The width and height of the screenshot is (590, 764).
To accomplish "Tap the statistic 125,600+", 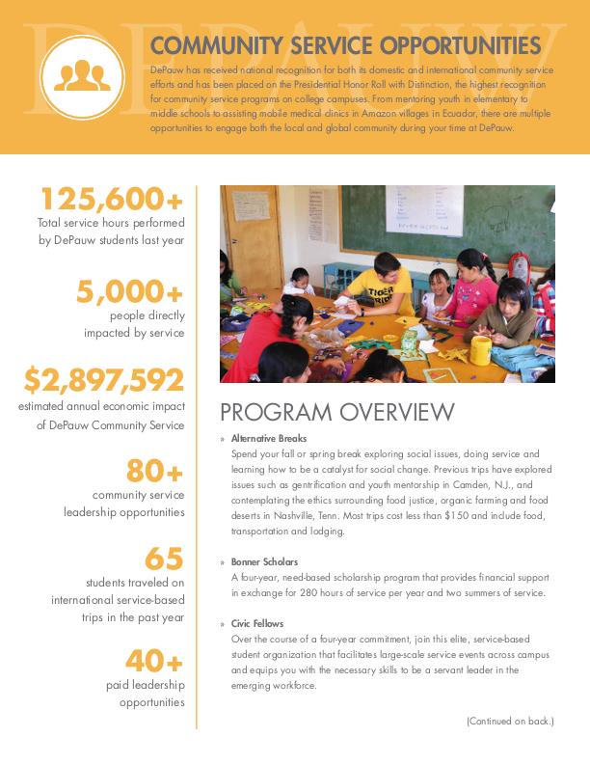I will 111,200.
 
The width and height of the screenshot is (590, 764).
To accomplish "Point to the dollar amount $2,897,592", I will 104,381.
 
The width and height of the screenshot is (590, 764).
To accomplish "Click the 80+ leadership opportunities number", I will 154,471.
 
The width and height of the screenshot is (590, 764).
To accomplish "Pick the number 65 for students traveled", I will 164,559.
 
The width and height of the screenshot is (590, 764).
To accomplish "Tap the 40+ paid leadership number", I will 154,661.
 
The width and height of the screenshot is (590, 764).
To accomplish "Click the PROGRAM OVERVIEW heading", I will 337,413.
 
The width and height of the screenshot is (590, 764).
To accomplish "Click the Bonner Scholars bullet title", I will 265,561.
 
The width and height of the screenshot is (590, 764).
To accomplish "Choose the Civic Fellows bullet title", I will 258,624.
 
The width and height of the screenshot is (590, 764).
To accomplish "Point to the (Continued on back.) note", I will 510,721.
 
